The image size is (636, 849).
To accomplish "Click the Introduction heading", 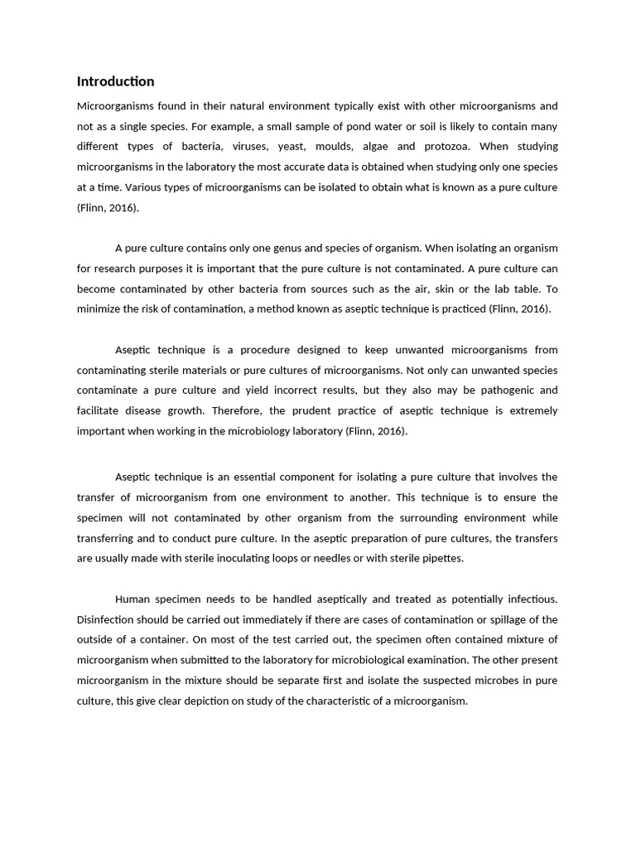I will coord(115,81).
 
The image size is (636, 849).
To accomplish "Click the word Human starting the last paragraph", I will coord(133,599).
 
